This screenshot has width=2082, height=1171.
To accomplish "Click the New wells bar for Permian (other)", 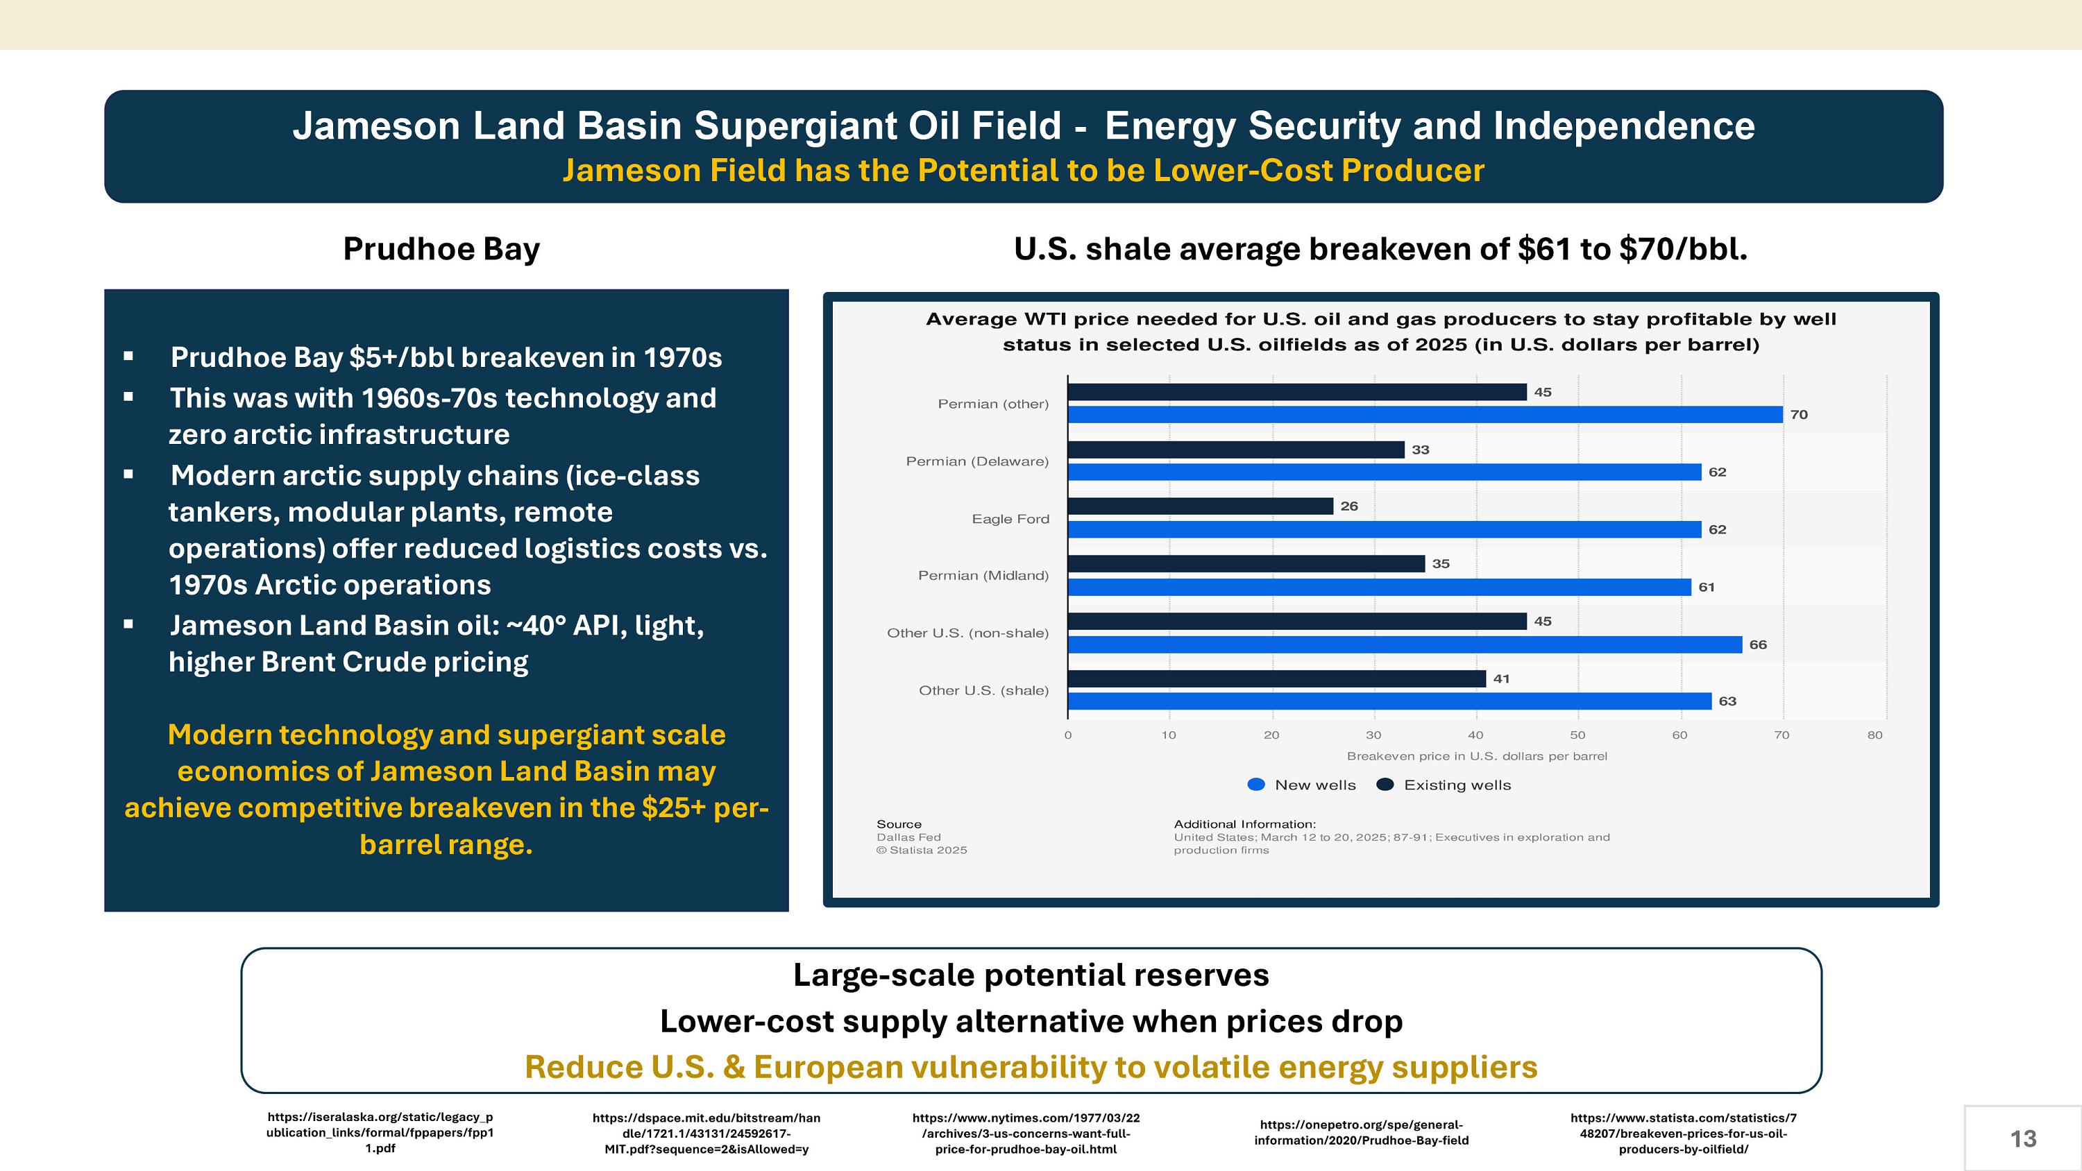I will [x=1425, y=415].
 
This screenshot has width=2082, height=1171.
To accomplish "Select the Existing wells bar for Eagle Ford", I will [x=1200, y=506].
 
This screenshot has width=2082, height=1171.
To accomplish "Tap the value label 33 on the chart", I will [x=1420, y=450].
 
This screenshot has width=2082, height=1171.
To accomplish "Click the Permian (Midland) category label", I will [x=983, y=575].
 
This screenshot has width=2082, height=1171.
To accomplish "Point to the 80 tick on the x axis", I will [x=1874, y=735].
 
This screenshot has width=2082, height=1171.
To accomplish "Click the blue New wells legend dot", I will [x=1256, y=785].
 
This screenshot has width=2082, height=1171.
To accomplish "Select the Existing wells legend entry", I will [x=1444, y=785].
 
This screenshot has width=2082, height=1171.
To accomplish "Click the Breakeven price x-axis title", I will [x=1477, y=756].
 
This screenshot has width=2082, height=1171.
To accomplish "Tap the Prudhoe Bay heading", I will [x=441, y=249].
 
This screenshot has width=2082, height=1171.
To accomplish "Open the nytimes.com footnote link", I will [x=1026, y=1133].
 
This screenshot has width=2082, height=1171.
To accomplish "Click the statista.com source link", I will [x=1683, y=1133].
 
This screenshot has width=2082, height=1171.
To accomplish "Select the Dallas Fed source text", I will [x=908, y=837].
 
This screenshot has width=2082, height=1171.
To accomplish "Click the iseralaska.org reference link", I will [x=380, y=1132].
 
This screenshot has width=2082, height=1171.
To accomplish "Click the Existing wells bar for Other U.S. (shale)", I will [x=1276, y=679].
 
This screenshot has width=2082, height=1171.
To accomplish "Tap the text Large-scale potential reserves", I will [x=1031, y=975].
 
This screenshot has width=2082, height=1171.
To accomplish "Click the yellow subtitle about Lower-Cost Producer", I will [x=1023, y=171].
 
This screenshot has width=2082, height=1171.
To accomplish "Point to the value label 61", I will [x=1706, y=588].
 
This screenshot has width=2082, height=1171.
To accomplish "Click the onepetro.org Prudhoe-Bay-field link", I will [x=1361, y=1132].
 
